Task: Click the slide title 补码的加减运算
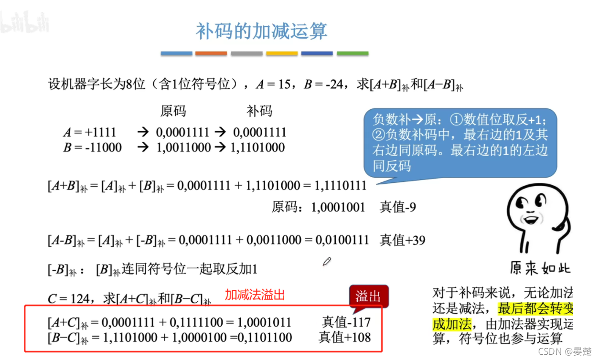261,31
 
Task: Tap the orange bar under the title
211,53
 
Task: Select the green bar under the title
353,53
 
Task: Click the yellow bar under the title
282,53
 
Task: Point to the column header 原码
173,111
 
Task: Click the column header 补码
259,111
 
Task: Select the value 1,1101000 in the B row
258,148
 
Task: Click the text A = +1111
90,132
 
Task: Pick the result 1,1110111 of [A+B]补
340,185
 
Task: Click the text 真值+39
402,240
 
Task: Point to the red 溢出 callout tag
368,296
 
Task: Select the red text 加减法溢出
255,295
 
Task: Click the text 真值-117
346,322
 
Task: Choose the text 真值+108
345,338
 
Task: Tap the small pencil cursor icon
327,262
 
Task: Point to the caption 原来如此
540,268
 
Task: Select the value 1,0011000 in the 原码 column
183,148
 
